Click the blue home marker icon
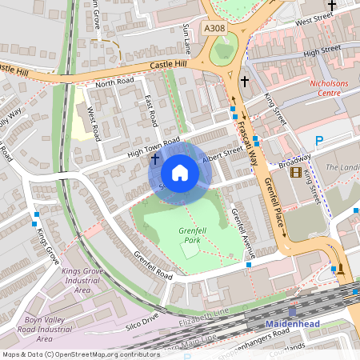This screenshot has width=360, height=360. [180, 173]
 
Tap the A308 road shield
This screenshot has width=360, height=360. [215, 28]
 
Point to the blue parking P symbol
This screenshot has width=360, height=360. [318, 142]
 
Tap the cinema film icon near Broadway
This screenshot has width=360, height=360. [297, 171]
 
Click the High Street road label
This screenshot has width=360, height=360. [322, 51]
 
